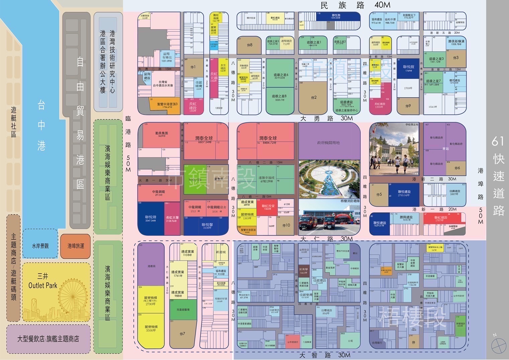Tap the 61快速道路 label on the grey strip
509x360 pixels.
tap(498, 176)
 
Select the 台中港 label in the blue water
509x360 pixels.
tap(41, 125)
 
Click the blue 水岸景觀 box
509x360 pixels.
tap(40, 246)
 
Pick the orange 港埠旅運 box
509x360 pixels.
tap(76, 246)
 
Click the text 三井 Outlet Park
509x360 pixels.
tap(43, 281)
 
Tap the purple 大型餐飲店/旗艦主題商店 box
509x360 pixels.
tap(48, 339)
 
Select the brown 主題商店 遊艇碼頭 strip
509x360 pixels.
tap(13, 268)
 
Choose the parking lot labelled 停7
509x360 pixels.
tap(182, 334)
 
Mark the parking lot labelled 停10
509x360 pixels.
tap(286, 225)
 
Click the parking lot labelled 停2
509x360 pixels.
tap(313, 97)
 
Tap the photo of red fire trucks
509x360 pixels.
tap(329, 217)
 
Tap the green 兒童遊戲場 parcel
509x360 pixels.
tap(183, 310)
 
